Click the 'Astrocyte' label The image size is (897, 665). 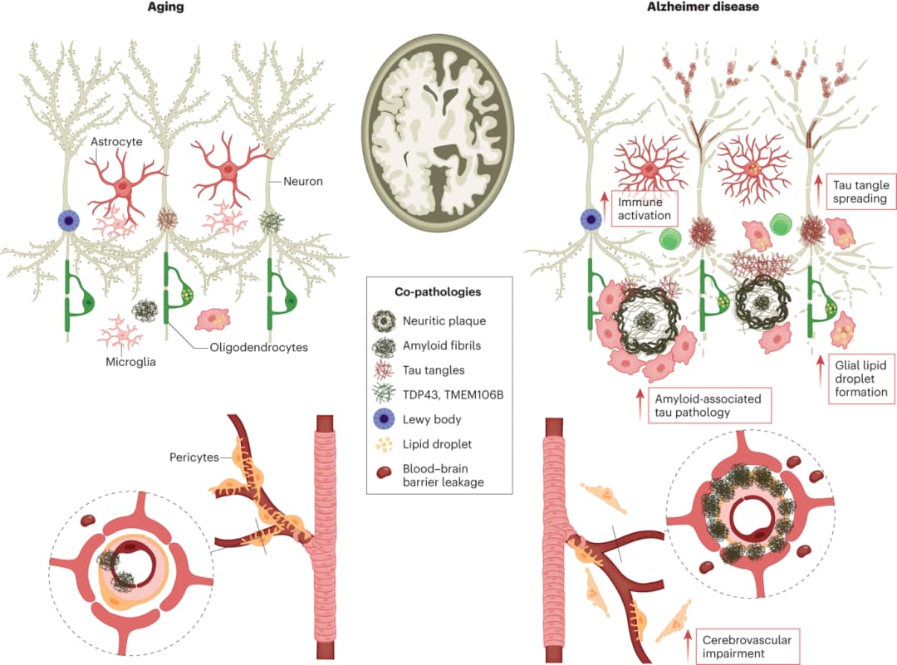coord(116,142)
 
